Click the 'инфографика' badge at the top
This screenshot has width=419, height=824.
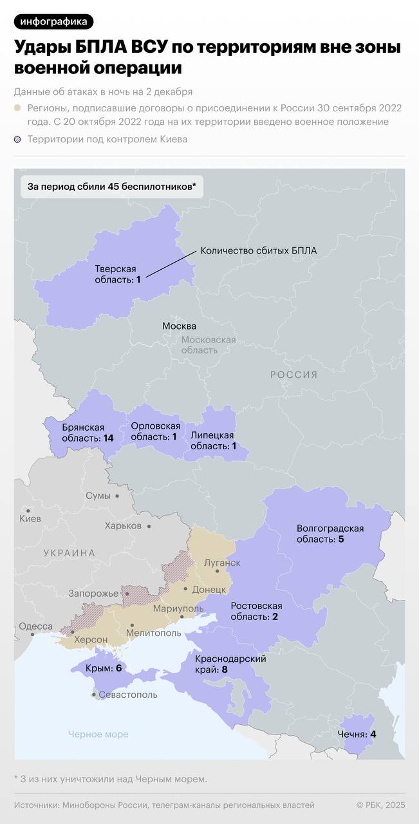pyautogui.click(x=53, y=22)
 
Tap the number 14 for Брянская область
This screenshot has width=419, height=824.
pyautogui.click(x=108, y=438)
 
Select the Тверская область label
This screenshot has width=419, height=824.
pyautogui.click(x=115, y=274)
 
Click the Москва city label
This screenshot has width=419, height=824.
pyautogui.click(x=179, y=326)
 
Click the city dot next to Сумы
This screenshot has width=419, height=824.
pyautogui.click(x=116, y=496)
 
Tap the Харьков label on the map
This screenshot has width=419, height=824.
pyautogui.click(x=123, y=526)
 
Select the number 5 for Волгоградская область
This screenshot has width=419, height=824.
pyautogui.click(x=341, y=539)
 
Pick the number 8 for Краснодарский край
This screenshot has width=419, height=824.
pyautogui.click(x=224, y=669)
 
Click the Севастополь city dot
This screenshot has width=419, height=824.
pyautogui.click(x=95, y=695)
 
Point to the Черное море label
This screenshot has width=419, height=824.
pyautogui.click(x=98, y=734)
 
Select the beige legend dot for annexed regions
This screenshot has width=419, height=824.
pyautogui.click(x=17, y=108)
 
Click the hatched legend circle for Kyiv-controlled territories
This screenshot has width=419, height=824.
pyautogui.click(x=17, y=139)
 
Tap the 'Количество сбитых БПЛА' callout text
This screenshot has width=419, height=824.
pyautogui.click(x=258, y=250)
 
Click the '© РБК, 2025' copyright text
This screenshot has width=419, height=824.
pyautogui.click(x=381, y=805)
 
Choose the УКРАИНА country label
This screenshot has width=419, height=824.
pyautogui.click(x=70, y=553)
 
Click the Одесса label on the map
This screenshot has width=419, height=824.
pyautogui.click(x=35, y=626)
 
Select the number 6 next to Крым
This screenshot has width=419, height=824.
pyautogui.click(x=118, y=668)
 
